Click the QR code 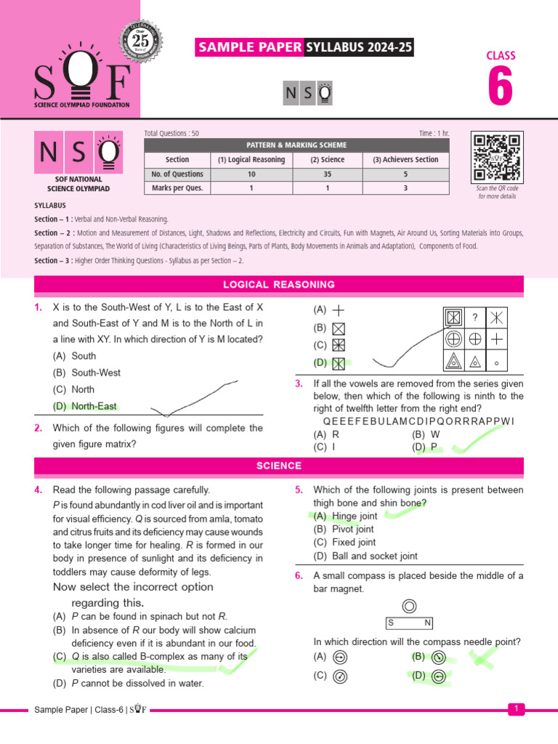pos(496,157)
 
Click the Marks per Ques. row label pos(177,188)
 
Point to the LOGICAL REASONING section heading pos(279,285)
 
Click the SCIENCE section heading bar pos(279,466)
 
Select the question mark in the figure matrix pos(474,317)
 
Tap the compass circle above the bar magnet pos(409,606)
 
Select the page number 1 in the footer pos(515,708)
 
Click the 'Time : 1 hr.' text pos(434,134)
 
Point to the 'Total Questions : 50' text pos(172,134)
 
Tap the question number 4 pos(39,490)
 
